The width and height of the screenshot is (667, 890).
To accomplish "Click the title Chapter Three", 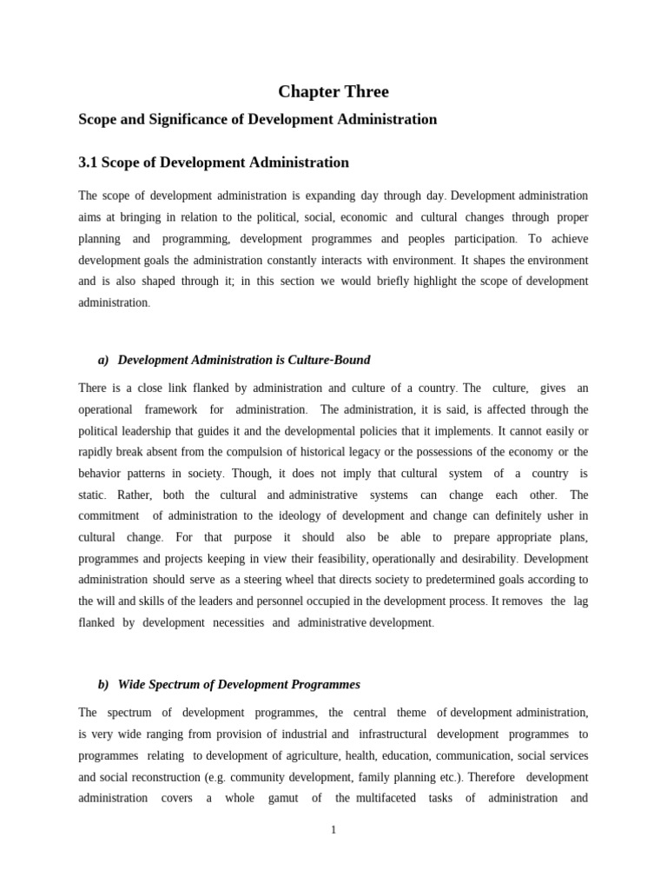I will (333, 91).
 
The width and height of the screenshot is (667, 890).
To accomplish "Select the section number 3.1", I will (89, 163).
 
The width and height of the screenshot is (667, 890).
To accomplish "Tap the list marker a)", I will (103, 360).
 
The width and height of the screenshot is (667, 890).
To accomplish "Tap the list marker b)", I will (103, 684).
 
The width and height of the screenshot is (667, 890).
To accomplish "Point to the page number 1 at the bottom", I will (333, 830).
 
